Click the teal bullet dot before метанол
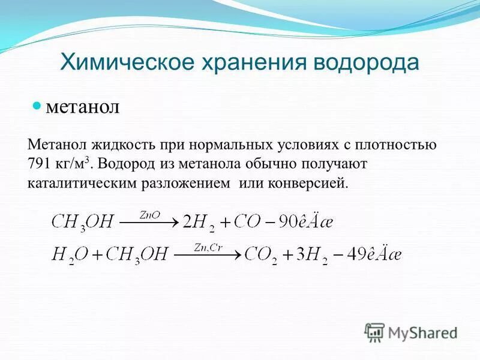(36, 106)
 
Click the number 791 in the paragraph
(40, 164)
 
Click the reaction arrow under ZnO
(149, 223)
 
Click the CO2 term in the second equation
(260, 255)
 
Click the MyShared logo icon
(374, 331)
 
